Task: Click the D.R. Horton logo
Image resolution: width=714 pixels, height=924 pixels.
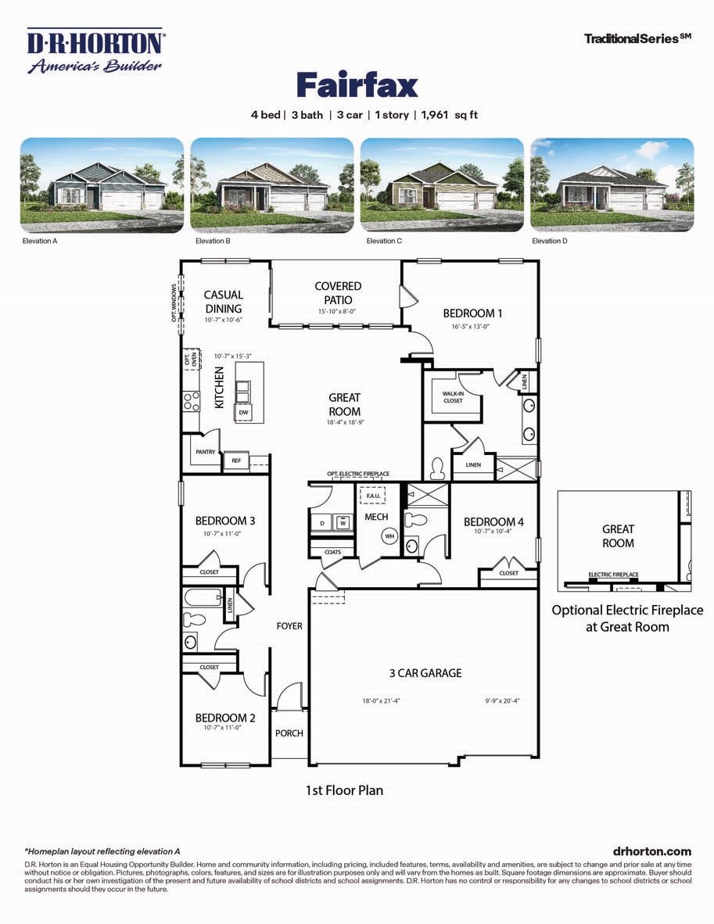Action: pyautogui.click(x=95, y=51)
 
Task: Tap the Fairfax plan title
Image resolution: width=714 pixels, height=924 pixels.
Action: pyautogui.click(x=357, y=84)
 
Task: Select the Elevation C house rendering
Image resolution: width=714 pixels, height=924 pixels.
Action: pyautogui.click(x=442, y=184)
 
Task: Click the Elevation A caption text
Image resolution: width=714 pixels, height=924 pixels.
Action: pyautogui.click(x=40, y=242)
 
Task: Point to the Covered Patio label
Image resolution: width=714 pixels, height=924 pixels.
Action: pyautogui.click(x=338, y=293)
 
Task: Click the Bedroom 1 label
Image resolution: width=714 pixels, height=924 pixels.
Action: pyautogui.click(x=472, y=313)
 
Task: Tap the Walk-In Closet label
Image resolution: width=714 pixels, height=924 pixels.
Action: pyautogui.click(x=453, y=396)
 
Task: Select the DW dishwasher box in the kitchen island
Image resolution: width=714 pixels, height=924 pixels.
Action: pyautogui.click(x=244, y=412)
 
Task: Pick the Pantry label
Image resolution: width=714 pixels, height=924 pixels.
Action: pyautogui.click(x=206, y=452)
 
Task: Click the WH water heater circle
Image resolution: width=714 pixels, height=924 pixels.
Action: pyautogui.click(x=389, y=536)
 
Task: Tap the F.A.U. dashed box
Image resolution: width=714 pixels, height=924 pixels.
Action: pyautogui.click(x=372, y=496)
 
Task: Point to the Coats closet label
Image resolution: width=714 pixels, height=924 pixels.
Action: pyautogui.click(x=332, y=553)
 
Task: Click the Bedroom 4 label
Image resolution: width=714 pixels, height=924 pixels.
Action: pyautogui.click(x=494, y=522)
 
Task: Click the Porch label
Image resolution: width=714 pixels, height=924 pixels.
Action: pyautogui.click(x=289, y=733)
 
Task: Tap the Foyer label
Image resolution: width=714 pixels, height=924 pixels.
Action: pyautogui.click(x=289, y=626)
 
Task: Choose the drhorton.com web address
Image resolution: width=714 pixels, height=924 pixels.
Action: pyautogui.click(x=652, y=851)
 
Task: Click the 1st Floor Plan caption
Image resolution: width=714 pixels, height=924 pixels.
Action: pyautogui.click(x=344, y=790)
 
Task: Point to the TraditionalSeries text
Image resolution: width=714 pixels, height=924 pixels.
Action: pyautogui.click(x=637, y=38)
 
